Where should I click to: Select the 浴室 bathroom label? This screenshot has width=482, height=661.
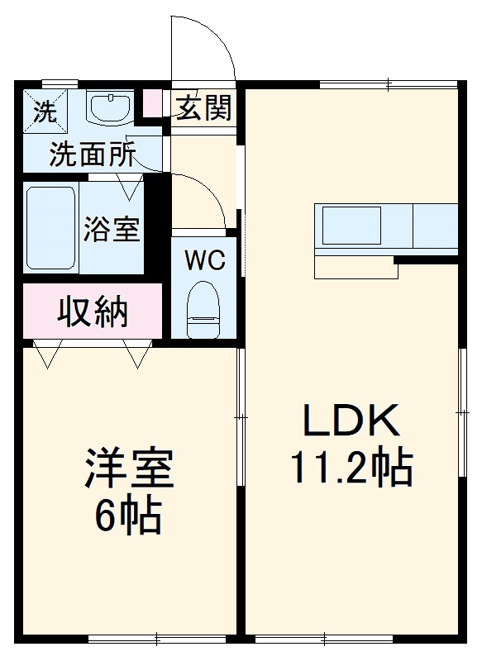pyautogui.click(x=112, y=228)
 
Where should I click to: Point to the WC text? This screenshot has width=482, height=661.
pyautogui.click(x=204, y=261)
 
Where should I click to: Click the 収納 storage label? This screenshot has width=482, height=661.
pyautogui.click(x=93, y=311)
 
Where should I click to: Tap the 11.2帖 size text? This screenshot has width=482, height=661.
pyautogui.click(x=351, y=468)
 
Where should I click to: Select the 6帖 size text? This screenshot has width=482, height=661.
pyautogui.click(x=127, y=516)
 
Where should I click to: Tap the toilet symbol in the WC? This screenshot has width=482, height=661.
pyautogui.click(x=203, y=309)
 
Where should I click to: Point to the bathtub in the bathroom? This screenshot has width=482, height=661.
pyautogui.click(x=51, y=228)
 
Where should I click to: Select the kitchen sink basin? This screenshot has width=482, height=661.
pyautogui.click(x=351, y=225)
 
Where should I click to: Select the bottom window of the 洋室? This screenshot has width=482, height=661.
pyautogui.click(x=156, y=638)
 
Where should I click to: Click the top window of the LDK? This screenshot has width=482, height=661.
pyautogui.click(x=388, y=83)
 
